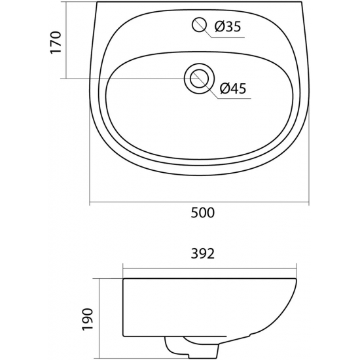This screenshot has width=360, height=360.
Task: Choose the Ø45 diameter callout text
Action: [x=233, y=90]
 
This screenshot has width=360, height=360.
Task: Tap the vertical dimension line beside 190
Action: [x=98, y=318]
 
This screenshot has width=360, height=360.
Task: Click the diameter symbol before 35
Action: [x=218, y=27]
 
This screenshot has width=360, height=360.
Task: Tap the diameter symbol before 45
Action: [x=225, y=90]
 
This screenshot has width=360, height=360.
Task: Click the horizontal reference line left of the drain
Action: [x=124, y=79]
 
